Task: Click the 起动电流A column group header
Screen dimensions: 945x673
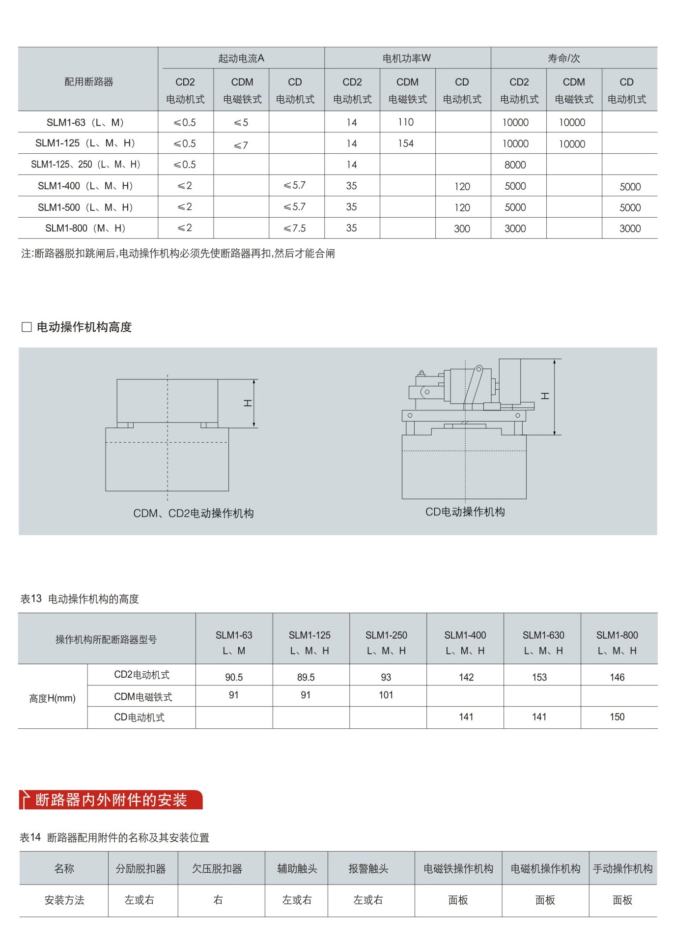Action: [241, 58]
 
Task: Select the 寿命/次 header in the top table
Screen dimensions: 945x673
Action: [563, 58]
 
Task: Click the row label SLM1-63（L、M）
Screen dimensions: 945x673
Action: [86, 122]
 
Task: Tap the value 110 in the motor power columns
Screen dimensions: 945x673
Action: [406, 122]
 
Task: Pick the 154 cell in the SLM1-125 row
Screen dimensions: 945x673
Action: [406, 143]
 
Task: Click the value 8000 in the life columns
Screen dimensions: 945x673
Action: [515, 165]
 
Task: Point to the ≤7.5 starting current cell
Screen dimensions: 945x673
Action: [295, 229]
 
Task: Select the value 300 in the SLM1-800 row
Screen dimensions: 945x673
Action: [462, 229]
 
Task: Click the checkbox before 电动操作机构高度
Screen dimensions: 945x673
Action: [27, 327]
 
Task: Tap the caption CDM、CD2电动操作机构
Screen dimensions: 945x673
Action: [194, 514]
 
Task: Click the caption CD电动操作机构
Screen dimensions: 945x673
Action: [465, 512]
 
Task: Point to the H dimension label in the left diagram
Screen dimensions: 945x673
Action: [248, 403]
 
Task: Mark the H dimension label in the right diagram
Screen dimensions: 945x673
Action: [545, 396]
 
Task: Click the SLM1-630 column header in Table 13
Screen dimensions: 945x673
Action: [543, 642]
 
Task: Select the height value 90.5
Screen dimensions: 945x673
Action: [234, 677]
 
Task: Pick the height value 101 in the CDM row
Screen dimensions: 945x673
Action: [386, 695]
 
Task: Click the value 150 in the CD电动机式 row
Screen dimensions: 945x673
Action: [617, 717]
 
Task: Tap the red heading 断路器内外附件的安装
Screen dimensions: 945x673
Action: [111, 800]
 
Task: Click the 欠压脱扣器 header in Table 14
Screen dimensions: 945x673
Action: [217, 869]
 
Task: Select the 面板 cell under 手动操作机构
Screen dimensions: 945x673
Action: [622, 900]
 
